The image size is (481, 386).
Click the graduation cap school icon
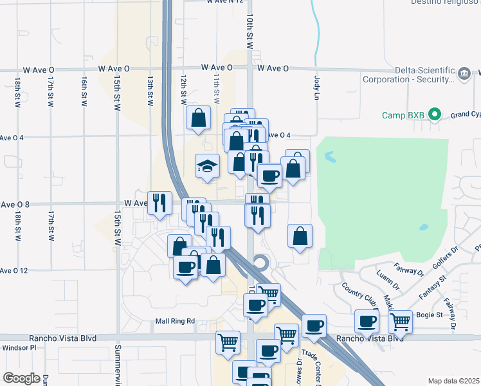pyautogui.click(x=208, y=167)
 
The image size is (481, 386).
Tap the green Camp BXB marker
pyautogui.click(x=435, y=116)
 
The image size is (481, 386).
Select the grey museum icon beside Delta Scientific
pyautogui.click(x=464, y=74)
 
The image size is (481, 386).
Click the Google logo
pyautogui.click(x=21, y=378)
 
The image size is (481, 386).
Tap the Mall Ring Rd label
pyautogui.click(x=174, y=321)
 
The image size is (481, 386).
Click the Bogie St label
pyautogui.click(x=431, y=315)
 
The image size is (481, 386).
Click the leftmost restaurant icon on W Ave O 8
pyautogui.click(x=159, y=203)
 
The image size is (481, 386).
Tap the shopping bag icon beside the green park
pyautogui.click(x=300, y=236)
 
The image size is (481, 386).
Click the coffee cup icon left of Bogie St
pyautogui.click(x=368, y=321)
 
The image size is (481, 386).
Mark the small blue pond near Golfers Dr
pyautogui.click(x=424, y=227)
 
